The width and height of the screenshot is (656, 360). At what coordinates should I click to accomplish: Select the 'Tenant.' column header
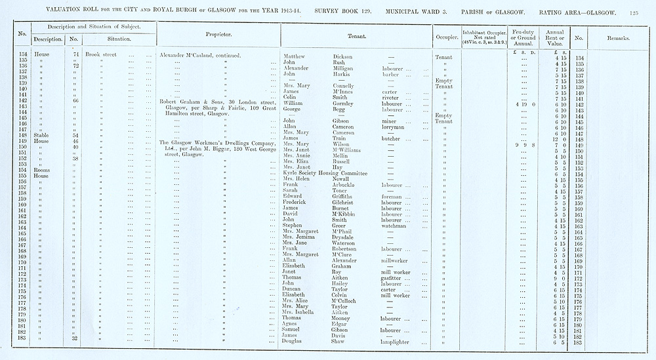click(357, 36)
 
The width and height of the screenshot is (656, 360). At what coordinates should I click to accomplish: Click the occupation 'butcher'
click(392, 138)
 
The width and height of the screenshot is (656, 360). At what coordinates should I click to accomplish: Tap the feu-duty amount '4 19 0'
click(526, 104)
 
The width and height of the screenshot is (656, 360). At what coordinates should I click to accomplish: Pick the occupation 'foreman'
click(393, 196)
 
